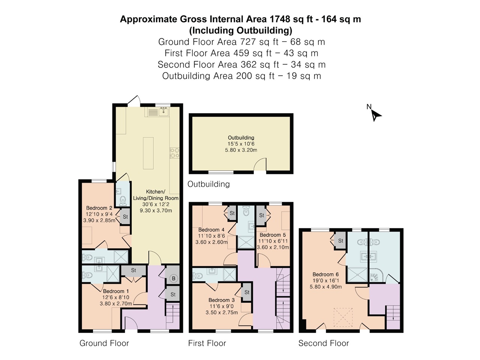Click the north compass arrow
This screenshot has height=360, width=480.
click(375, 115)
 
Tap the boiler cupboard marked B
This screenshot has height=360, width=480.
click(173, 278)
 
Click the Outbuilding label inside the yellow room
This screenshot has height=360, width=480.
click(241, 138)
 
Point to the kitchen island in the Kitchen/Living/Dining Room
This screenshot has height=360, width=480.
click(148, 153)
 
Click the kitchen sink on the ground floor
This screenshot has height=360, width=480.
click(163, 111)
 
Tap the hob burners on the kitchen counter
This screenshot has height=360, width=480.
click(174, 152)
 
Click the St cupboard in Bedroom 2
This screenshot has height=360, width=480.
click(125, 217)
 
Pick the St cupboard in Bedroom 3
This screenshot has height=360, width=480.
click(247, 292)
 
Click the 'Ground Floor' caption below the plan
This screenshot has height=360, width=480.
click(104, 343)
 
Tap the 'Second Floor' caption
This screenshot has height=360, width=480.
click(323, 343)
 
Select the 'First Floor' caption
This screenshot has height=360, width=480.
click(207, 343)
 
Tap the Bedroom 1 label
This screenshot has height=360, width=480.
click(116, 291)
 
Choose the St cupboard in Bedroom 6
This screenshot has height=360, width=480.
click(340, 241)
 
